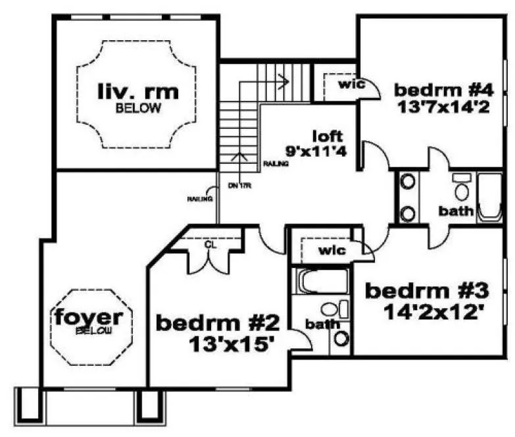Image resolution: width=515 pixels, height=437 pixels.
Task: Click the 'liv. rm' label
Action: point(138,91)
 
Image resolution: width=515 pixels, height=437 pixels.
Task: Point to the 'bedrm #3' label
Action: point(427,290)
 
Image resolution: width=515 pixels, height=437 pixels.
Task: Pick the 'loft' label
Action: point(328,137)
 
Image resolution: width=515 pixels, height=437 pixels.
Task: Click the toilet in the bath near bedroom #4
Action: point(462,189)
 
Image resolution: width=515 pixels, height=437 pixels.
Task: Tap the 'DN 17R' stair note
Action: point(235,186)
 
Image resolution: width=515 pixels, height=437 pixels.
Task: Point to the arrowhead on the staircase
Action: point(286,81)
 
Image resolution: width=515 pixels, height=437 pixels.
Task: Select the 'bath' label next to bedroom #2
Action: point(322,324)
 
